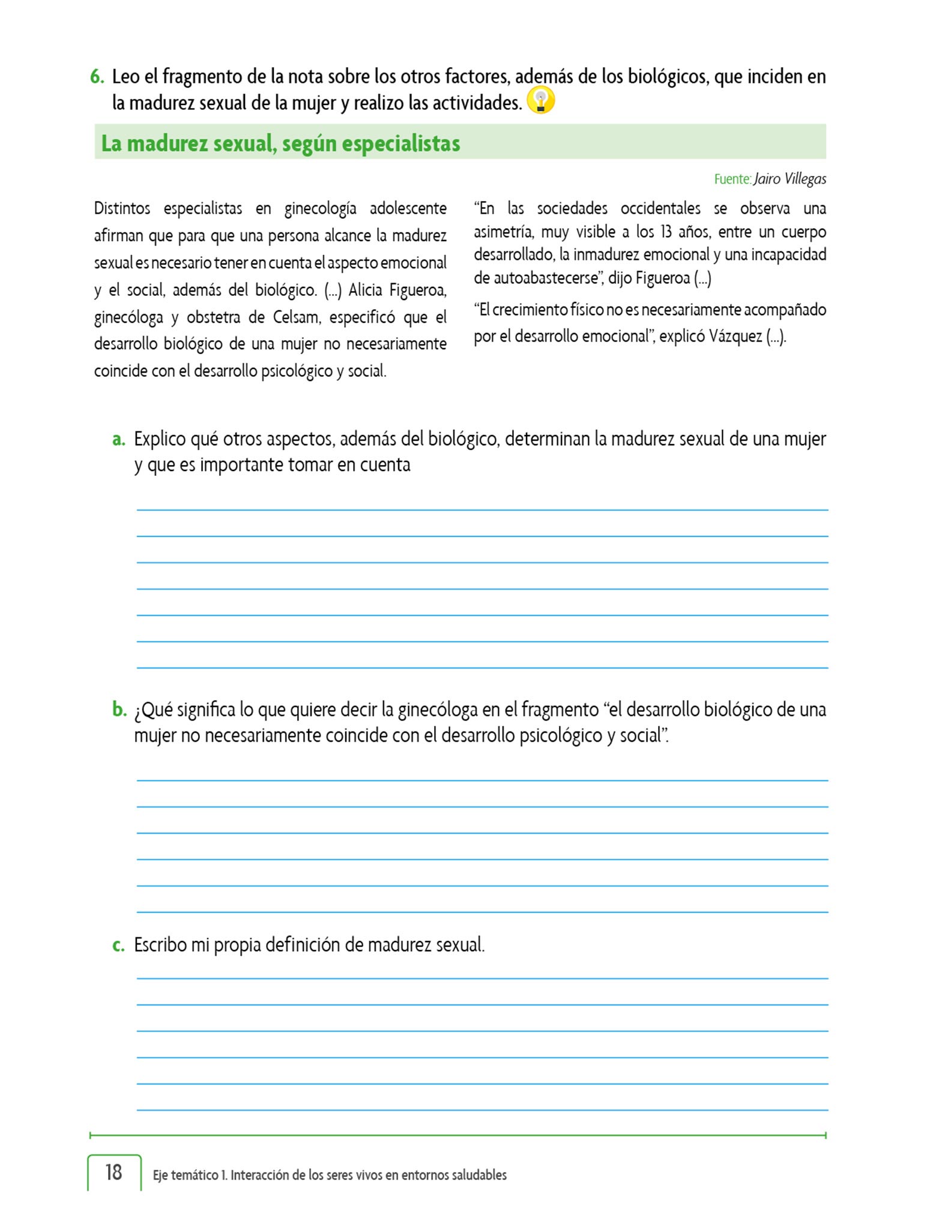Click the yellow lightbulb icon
(540, 100)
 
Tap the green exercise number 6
(97, 77)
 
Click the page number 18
(113, 1172)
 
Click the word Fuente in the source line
(732, 179)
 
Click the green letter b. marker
(119, 709)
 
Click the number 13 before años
(666, 232)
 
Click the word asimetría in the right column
(503, 232)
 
